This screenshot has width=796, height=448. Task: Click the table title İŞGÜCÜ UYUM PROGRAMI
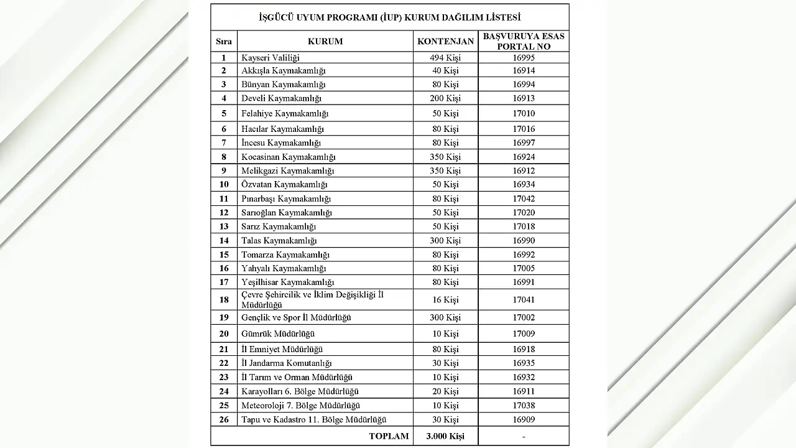[x=389, y=17]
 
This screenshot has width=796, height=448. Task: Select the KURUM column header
[x=325, y=42]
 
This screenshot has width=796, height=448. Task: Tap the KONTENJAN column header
[x=445, y=42]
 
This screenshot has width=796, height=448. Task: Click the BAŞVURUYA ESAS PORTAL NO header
[x=524, y=42]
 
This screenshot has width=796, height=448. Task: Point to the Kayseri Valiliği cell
[x=271, y=57]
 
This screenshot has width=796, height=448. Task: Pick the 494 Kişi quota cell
[x=445, y=57]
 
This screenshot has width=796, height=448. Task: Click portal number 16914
[x=524, y=71]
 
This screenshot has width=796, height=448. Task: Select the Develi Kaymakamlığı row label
[x=281, y=98]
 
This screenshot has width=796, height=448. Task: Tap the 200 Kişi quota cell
[x=445, y=98]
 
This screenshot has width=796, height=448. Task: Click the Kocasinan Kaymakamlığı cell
[x=288, y=157]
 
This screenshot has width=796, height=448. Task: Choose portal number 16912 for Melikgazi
[x=524, y=170]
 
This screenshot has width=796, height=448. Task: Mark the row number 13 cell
[x=224, y=226]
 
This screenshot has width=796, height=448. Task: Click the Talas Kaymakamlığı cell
[x=279, y=241]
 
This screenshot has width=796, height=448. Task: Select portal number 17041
[x=524, y=300]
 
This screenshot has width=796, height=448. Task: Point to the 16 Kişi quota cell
[x=445, y=300]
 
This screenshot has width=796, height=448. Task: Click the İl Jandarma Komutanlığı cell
[x=287, y=363]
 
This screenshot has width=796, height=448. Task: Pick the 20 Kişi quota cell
[x=445, y=391]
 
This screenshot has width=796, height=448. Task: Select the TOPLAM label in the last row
[x=389, y=436]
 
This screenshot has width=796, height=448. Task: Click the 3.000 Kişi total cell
[x=445, y=436]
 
